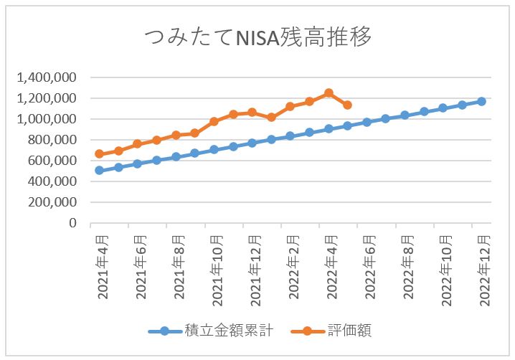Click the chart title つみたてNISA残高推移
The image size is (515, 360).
tap(258, 37)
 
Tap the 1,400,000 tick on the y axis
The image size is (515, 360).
tap(45, 77)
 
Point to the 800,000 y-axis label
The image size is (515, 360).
tap(51, 140)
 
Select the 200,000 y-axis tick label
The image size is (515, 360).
tap(51, 202)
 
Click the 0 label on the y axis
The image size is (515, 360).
tap(72, 223)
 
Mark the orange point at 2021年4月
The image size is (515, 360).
tap(99, 153)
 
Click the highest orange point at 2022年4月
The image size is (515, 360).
tap(329, 93)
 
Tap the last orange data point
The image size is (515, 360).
tap(348, 105)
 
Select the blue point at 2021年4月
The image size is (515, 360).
tap(99, 171)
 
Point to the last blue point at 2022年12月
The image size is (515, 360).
tap(482, 101)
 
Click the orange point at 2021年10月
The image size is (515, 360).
tap(214, 122)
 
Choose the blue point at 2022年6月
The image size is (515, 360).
tap(367, 122)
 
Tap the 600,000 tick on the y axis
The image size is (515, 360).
tap(51, 161)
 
